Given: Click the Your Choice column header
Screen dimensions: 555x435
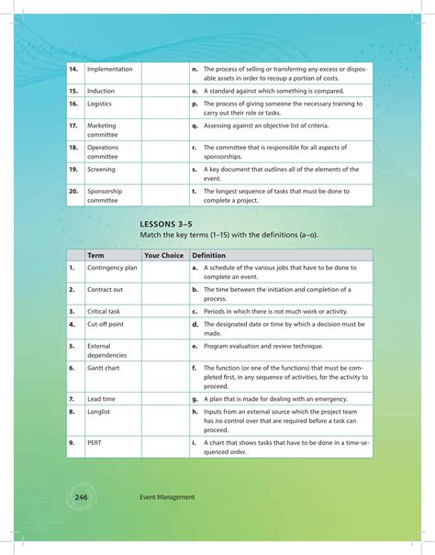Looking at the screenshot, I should [163, 255].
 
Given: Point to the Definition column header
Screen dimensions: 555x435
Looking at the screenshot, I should [208, 255].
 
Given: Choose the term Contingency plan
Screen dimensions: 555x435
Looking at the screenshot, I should [112, 268].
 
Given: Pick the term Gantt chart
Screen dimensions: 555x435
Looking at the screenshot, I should [106, 367].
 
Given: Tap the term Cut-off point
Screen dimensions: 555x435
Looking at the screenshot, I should [106, 324].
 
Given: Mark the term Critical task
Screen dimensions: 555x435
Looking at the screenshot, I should [104, 311].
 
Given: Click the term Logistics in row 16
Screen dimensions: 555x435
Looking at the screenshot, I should [100, 105].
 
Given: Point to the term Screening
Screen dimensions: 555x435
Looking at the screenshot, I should [102, 170].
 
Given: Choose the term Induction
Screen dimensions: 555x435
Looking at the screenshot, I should [101, 91].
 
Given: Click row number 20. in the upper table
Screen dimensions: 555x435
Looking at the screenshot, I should [73, 191].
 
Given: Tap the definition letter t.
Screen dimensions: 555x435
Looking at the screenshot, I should [194, 191].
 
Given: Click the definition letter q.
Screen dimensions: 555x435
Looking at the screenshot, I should [195, 125].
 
